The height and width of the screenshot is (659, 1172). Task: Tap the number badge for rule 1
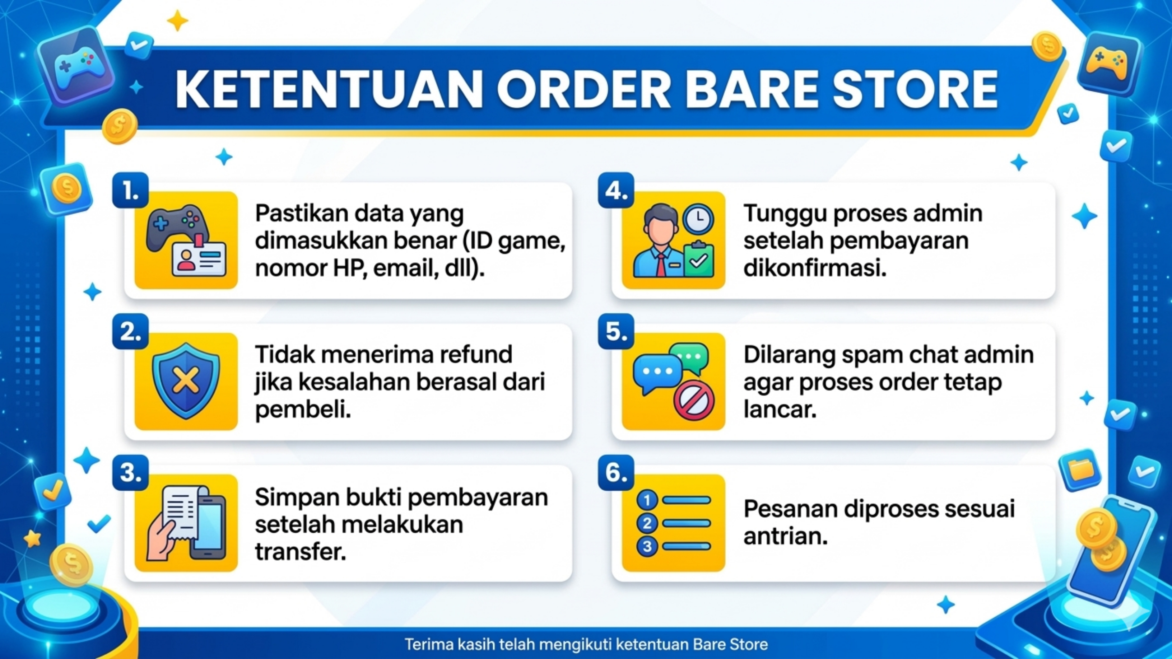(x=131, y=190)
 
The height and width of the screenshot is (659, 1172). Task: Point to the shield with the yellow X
(x=186, y=381)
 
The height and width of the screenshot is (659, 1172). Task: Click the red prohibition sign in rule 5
(x=694, y=400)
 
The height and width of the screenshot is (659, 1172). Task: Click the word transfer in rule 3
(x=300, y=552)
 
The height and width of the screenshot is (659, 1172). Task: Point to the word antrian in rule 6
(x=785, y=537)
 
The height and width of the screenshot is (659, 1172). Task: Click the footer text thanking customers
(x=586, y=644)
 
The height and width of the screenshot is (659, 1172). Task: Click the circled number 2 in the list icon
(x=647, y=523)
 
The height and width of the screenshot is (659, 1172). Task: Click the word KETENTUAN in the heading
(x=329, y=90)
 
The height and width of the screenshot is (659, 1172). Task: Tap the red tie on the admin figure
(x=661, y=265)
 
